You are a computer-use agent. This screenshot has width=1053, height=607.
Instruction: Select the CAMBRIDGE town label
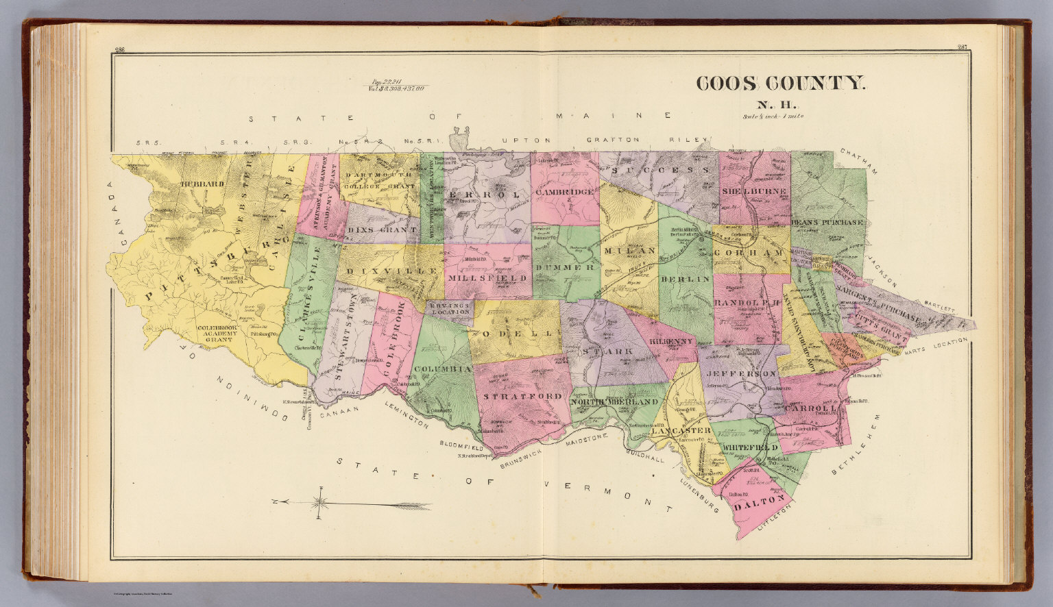pyautogui.click(x=564, y=193)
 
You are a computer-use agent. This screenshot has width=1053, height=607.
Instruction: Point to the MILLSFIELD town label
pyautogui.click(x=487, y=279)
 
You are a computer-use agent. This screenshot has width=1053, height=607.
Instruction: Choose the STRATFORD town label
pyautogui.click(x=523, y=396)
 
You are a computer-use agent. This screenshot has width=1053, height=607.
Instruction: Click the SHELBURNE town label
pyautogui.click(x=753, y=191)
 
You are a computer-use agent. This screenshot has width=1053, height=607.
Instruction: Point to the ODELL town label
pyautogui.click(x=518, y=333)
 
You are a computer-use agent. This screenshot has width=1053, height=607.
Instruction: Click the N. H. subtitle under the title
pyautogui.click(x=775, y=105)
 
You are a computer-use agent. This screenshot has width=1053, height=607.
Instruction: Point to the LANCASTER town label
pyautogui.click(x=681, y=431)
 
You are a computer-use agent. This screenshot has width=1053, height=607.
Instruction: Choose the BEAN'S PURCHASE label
pyautogui.click(x=827, y=223)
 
